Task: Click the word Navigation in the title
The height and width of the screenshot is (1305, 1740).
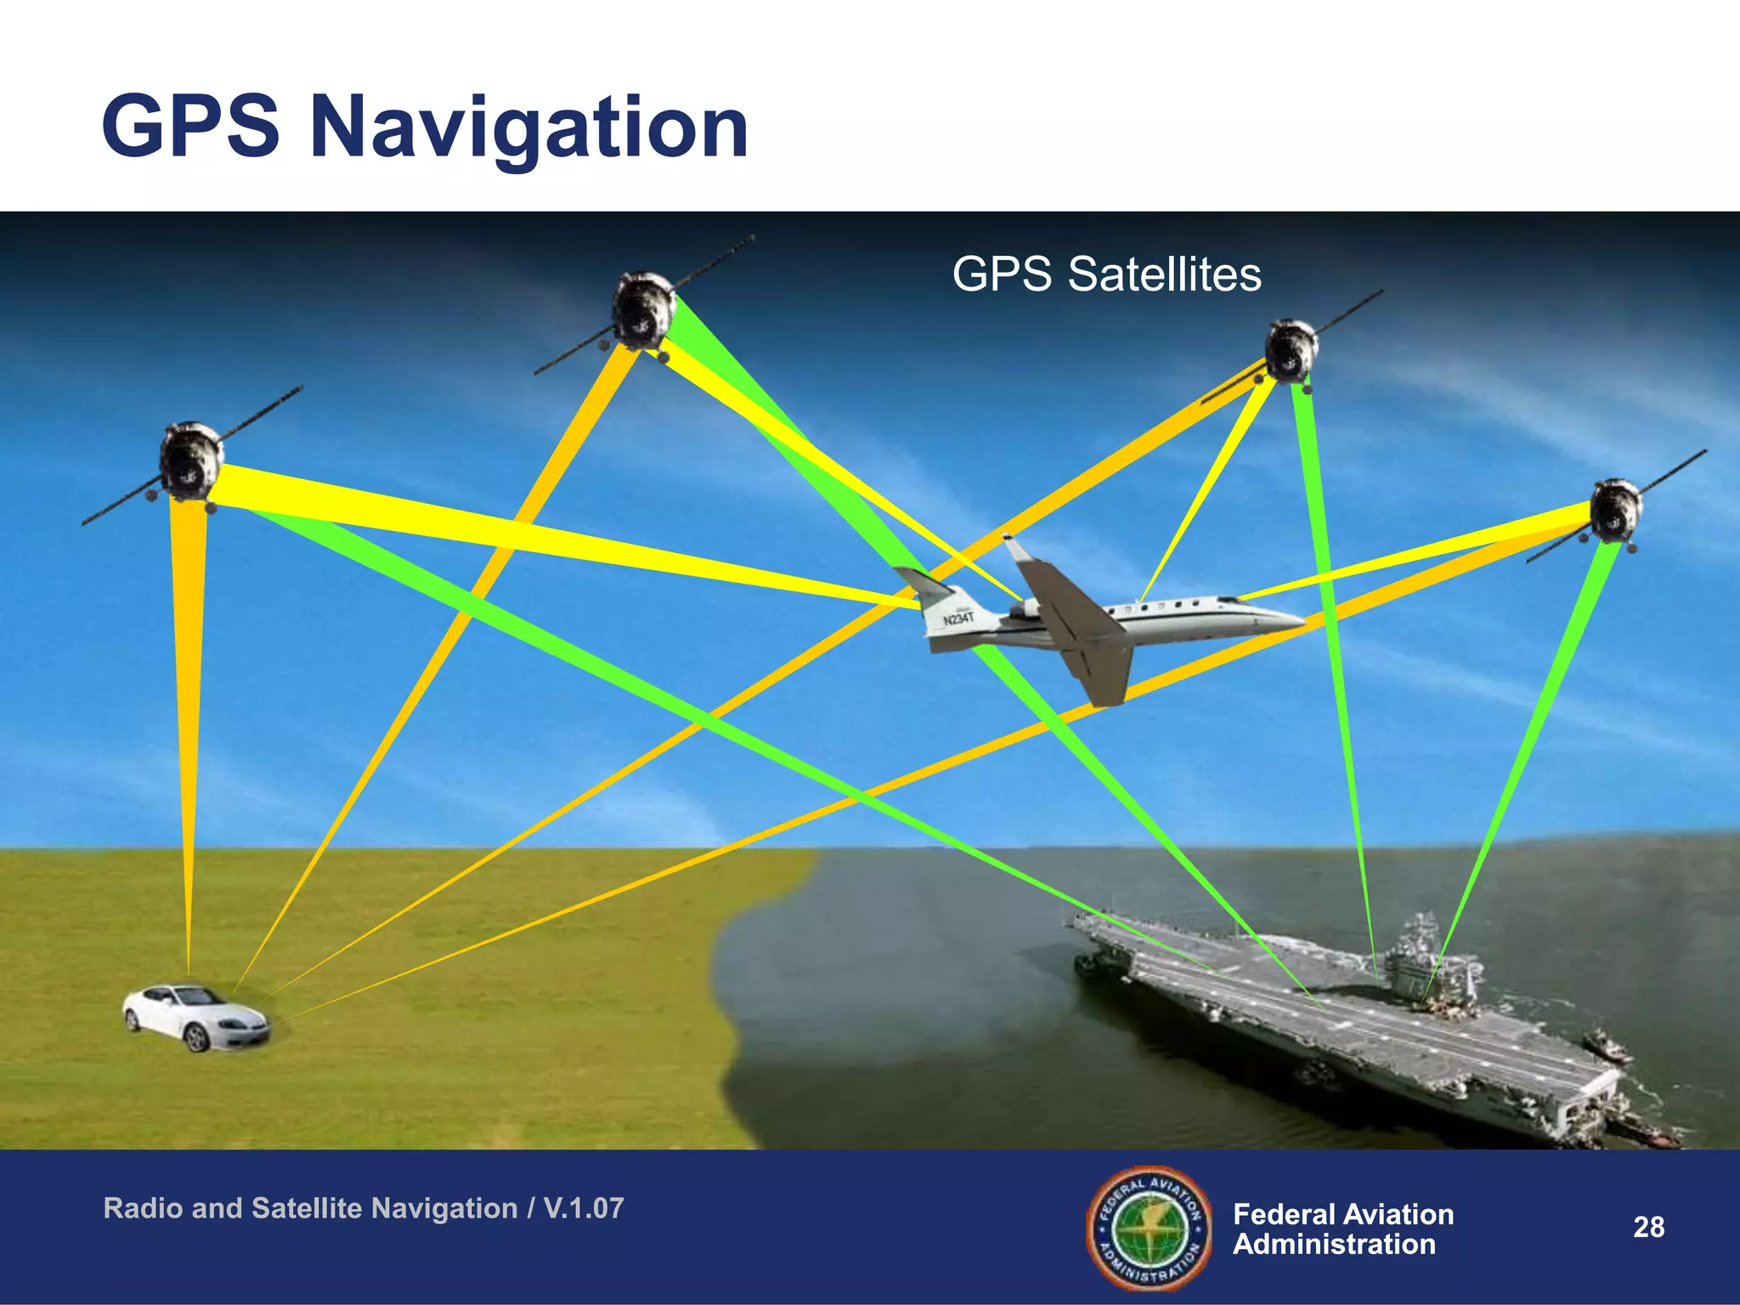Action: (x=528, y=129)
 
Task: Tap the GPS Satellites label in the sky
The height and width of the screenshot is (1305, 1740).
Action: (x=1106, y=274)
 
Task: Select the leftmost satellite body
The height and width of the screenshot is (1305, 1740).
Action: (x=190, y=461)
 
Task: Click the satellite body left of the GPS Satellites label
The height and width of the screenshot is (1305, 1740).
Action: (x=643, y=310)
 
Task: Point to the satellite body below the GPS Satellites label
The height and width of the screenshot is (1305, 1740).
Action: (x=1290, y=350)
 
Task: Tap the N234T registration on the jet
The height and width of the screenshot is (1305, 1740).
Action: (x=958, y=619)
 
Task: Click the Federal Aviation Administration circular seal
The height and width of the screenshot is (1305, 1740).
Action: (x=1150, y=1228)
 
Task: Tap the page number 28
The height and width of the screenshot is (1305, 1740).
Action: (x=1648, y=1228)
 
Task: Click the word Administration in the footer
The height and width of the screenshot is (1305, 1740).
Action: (x=1334, y=1245)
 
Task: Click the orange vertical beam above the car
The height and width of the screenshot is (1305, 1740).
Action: (x=188, y=722)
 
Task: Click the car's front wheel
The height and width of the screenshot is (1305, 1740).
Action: (x=197, y=1038)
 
